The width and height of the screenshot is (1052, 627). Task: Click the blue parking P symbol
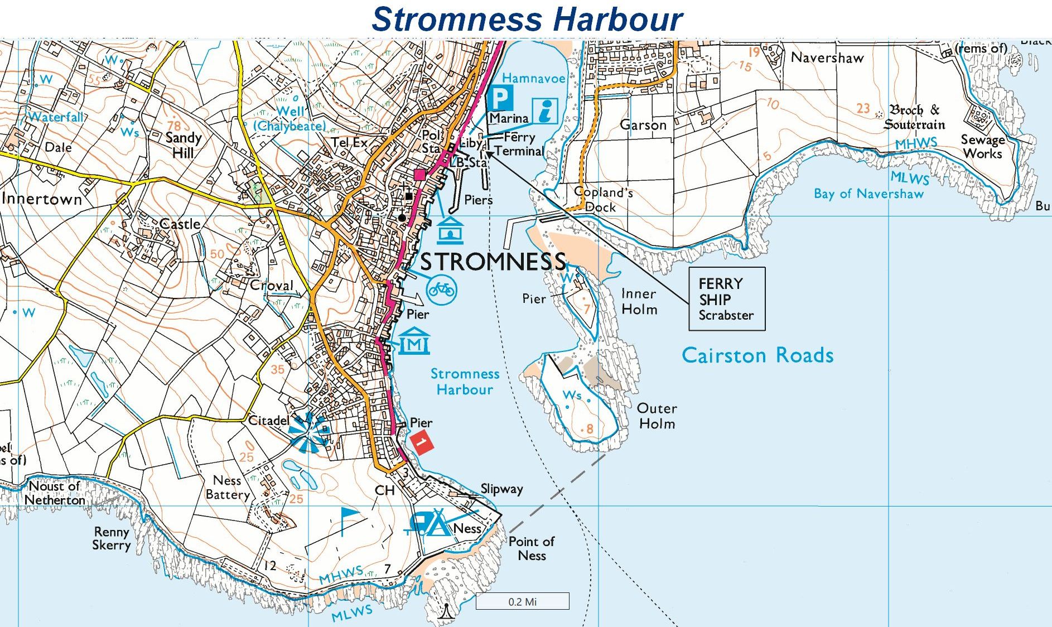[x=500, y=98]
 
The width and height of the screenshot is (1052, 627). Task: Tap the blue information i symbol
[x=546, y=110]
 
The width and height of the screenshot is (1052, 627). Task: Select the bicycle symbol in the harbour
[x=441, y=289]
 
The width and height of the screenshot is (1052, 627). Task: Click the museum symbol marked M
[x=414, y=341]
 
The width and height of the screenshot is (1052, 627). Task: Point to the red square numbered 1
[x=422, y=442]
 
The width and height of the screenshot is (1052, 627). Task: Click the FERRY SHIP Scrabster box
[x=726, y=299]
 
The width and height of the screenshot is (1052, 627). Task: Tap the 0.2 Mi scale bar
[x=522, y=601]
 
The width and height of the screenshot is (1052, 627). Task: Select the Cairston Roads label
[x=757, y=355]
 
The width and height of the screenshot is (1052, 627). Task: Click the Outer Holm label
[x=657, y=416]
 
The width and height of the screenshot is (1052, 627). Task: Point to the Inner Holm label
[x=639, y=301]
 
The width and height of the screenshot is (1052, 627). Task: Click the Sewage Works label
[x=982, y=147]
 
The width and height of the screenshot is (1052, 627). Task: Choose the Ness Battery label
[x=228, y=487]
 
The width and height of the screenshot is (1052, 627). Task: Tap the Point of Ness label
[x=531, y=548]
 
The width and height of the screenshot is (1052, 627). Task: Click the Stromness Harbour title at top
[x=527, y=19]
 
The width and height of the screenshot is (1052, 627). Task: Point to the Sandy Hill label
[x=183, y=145]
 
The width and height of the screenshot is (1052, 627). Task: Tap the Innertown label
[x=42, y=199]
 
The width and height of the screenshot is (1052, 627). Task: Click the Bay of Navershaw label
[x=868, y=194]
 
